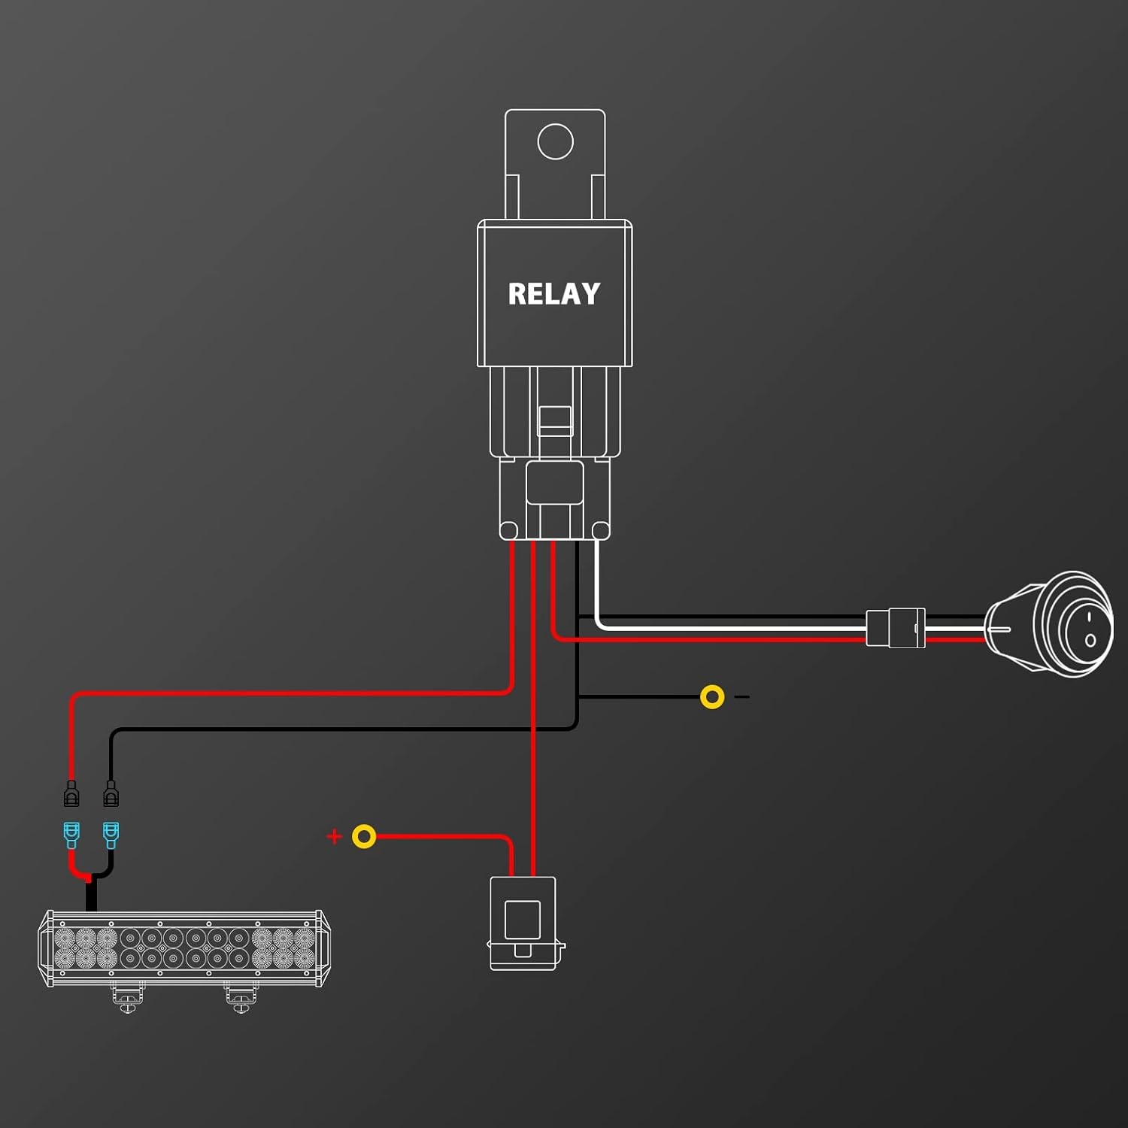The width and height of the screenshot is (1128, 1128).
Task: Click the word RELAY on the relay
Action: coord(554,293)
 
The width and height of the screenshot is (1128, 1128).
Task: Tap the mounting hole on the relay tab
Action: coord(556,141)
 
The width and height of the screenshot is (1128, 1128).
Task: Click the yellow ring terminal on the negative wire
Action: coord(712,697)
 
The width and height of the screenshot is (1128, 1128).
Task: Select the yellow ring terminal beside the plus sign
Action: coord(364,836)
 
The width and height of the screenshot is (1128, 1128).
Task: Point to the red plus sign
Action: coord(335,836)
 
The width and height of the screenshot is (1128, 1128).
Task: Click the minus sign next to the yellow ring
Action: coord(742,697)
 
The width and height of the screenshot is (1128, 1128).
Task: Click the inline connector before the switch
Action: coord(896,628)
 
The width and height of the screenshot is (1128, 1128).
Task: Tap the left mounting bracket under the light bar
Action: coord(127,998)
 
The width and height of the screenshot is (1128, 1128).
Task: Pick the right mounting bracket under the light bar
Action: coord(241,998)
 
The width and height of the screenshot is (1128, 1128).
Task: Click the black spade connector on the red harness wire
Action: coord(71,793)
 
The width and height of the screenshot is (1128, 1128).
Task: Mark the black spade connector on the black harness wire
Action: coord(111,793)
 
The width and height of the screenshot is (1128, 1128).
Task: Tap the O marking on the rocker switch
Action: coord(1090,641)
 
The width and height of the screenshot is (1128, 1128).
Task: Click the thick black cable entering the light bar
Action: coord(91,896)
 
